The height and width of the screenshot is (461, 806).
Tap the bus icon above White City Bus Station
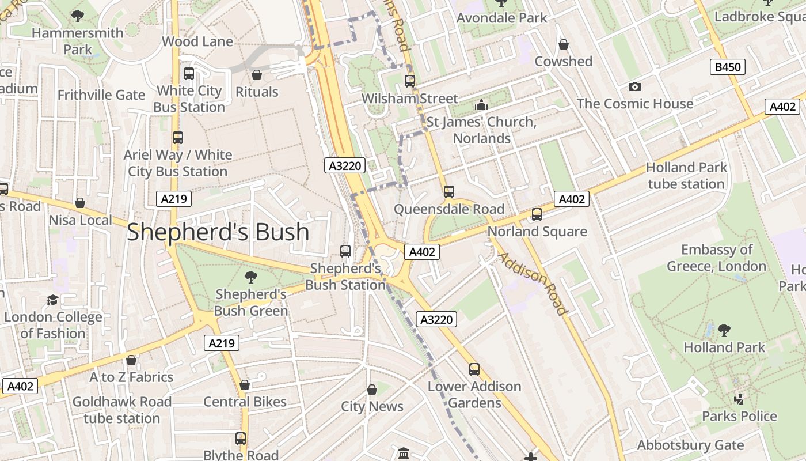[189, 74]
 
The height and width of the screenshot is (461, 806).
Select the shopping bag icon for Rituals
[257, 75]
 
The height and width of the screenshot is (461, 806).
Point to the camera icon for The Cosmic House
[635, 87]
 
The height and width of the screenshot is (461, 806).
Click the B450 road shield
[728, 67]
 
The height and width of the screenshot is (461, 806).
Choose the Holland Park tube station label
[686, 176]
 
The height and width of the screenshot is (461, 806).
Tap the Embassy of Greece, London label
[716, 258]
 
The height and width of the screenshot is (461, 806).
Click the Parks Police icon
[739, 399]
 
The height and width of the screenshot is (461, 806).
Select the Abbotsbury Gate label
[690, 445]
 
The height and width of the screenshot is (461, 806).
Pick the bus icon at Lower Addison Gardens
[474, 369]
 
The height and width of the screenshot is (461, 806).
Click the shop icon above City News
[372, 390]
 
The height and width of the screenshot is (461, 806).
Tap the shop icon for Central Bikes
[245, 385]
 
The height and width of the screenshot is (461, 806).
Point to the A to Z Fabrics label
[131, 377]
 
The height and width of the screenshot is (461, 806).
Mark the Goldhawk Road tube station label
[121, 410]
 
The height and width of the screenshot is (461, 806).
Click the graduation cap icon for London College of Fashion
[53, 300]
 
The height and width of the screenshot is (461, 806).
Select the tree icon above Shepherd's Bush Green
[251, 277]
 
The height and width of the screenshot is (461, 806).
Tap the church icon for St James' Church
[481, 105]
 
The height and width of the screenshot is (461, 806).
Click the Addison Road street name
[533, 284]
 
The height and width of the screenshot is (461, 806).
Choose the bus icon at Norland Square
[537, 214]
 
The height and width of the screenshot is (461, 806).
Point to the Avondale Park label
[501, 18]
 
